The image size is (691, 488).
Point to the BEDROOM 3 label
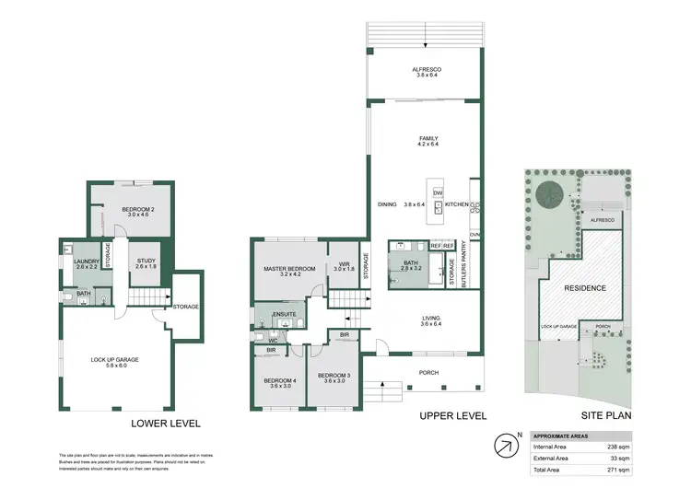[334, 375]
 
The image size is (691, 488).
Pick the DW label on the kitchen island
[438, 192]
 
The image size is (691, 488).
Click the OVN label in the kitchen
[475, 235]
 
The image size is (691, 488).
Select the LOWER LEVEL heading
[167, 424]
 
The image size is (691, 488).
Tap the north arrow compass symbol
[505, 446]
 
